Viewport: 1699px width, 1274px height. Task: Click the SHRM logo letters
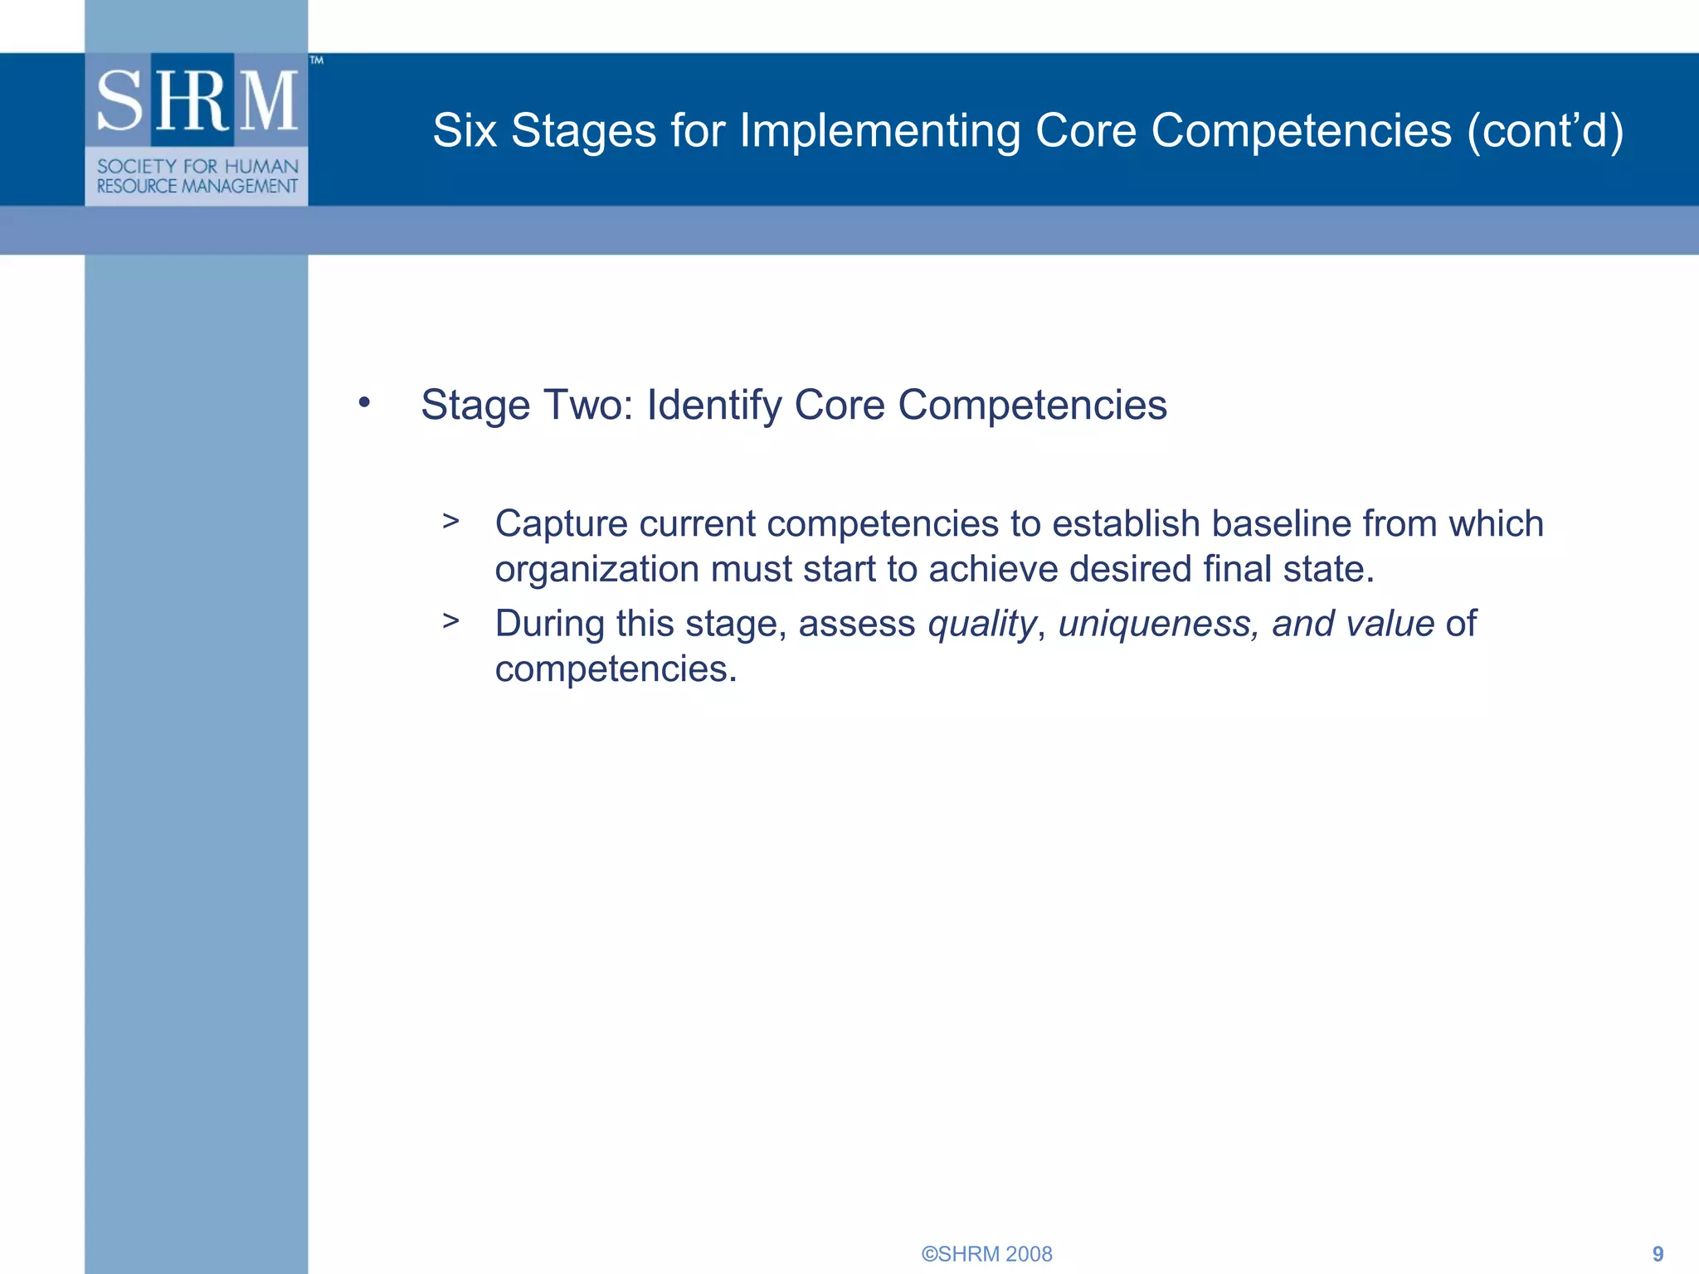(197, 101)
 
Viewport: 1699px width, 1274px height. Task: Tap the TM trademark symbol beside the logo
(316, 61)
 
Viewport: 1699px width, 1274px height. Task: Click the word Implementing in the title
(879, 131)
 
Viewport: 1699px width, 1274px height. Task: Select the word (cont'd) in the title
(1545, 131)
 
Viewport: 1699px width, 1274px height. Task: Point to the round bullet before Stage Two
(364, 403)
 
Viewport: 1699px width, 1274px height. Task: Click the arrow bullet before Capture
(450, 522)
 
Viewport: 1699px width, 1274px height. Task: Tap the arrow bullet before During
(450, 621)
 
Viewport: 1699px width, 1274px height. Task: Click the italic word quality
(981, 624)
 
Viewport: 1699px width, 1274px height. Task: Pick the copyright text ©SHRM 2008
(986, 1253)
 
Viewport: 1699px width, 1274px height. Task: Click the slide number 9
(1658, 1253)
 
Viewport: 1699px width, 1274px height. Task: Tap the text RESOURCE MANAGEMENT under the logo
(197, 187)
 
